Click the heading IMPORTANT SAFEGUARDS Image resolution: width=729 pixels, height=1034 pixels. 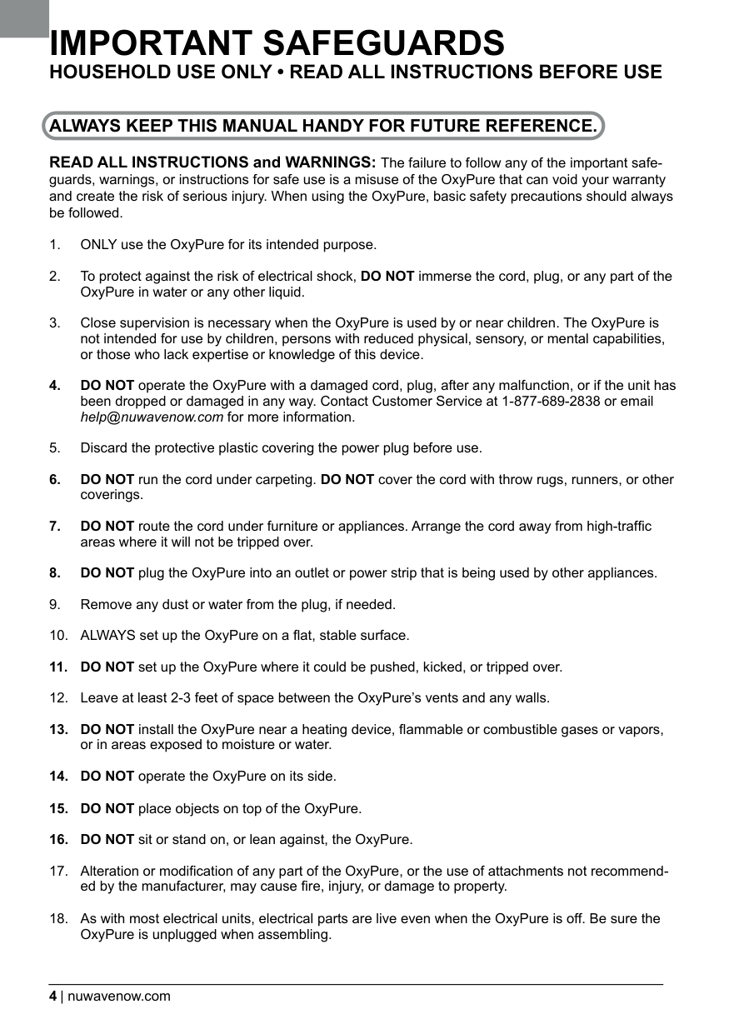point(277,42)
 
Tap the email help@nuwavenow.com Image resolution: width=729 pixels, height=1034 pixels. point(152,417)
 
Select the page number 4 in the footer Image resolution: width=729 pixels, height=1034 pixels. point(52,996)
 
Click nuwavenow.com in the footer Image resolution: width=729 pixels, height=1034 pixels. point(118,996)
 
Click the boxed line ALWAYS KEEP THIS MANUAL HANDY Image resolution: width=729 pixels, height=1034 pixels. point(323,127)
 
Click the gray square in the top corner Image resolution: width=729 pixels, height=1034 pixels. point(24,18)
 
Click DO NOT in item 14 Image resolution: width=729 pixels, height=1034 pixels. point(107,777)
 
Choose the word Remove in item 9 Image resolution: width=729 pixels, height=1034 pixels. point(103,604)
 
